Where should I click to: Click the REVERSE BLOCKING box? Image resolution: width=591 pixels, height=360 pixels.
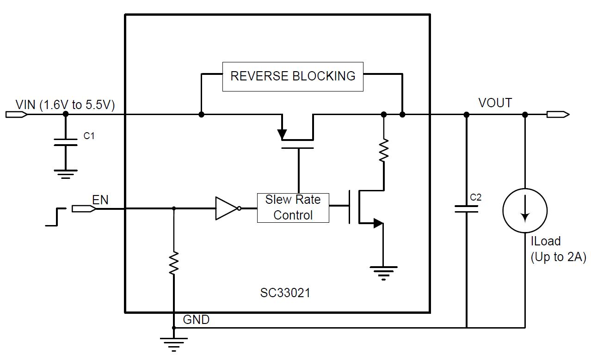point(293,76)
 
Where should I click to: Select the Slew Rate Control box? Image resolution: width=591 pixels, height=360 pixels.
point(293,207)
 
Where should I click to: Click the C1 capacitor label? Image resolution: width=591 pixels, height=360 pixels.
point(89,136)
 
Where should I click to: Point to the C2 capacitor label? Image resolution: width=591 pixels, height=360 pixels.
point(475,197)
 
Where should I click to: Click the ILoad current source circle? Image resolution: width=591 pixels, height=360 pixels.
point(524,210)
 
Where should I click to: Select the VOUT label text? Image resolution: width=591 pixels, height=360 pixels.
point(495,103)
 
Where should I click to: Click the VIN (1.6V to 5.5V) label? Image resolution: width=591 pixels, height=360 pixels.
point(65,104)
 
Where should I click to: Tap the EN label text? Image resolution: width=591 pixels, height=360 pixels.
point(100,200)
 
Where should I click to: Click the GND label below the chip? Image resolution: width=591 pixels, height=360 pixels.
point(196,319)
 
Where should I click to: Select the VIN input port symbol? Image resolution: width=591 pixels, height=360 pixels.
point(16,114)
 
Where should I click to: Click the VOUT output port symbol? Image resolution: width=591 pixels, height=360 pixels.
point(558,114)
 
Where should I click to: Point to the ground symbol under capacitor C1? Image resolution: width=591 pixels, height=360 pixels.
point(65,174)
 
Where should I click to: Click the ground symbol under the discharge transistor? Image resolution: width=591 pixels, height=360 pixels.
point(383,272)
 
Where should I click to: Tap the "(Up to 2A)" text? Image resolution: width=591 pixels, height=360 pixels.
point(558,257)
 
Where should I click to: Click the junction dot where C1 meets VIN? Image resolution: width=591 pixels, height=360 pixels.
point(65,114)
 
